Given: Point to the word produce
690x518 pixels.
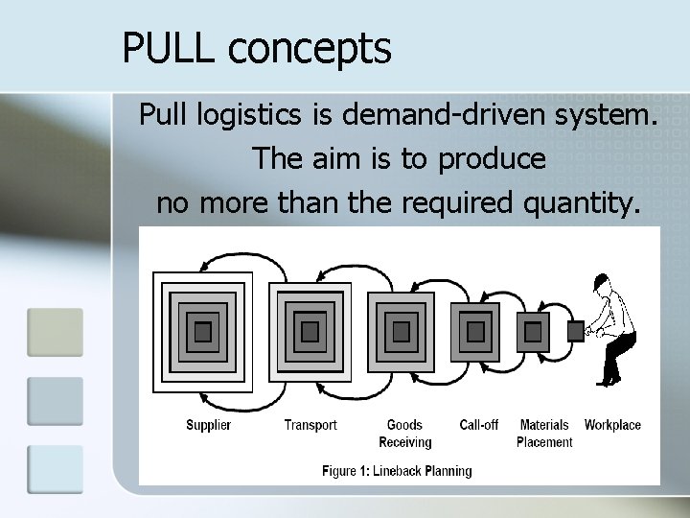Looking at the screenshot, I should click(492, 159).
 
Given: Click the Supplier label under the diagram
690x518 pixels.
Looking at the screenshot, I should click(208, 425).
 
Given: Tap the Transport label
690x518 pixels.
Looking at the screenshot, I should click(310, 425).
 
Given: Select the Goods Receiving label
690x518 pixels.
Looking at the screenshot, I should click(404, 434).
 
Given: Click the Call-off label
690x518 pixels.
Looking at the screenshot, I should click(478, 425).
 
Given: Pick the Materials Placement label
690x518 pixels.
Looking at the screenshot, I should click(543, 434).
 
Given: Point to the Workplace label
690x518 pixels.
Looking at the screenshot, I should click(612, 425).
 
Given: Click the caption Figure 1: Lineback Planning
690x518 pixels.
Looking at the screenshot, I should click(397, 471).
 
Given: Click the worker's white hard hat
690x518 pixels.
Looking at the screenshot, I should click(601, 281).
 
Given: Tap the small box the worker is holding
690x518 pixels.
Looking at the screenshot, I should click(576, 332).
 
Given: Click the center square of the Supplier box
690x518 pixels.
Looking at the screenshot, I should click(202, 332).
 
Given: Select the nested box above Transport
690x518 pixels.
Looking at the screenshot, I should click(310, 332).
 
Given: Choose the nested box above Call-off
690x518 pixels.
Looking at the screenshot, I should click(477, 332).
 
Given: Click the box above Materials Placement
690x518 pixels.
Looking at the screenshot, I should click(533, 332).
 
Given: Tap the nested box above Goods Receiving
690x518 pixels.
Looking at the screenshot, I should click(402, 332).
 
